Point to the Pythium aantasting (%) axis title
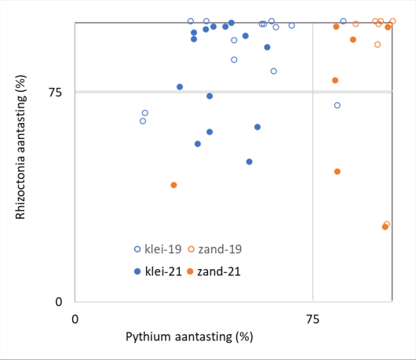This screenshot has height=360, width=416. pos(189,337)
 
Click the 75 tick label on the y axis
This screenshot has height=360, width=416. pos(55,93)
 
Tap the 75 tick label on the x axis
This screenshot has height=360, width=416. pos(312,319)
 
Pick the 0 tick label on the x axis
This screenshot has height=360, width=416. pos(75,319)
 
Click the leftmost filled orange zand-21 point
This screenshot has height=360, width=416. pos(173,185)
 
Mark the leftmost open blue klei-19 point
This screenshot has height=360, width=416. pos(143,121)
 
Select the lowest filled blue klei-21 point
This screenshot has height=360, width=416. pos(249,162)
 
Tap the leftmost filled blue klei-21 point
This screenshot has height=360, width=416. pos(180,87)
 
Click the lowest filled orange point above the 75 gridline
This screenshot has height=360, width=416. pos(335,81)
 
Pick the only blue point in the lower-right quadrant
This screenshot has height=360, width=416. pos(338,105)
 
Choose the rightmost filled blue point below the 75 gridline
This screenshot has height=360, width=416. pos(257,127)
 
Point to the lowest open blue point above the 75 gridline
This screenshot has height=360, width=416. pos(274,71)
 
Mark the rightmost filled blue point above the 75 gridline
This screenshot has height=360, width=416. pos(267,47)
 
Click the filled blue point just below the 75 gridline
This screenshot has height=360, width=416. pos(210,96)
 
